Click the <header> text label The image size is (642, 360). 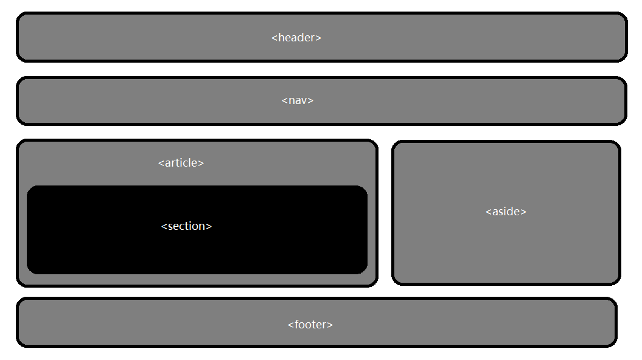click(296, 38)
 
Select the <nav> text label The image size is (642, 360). click(298, 100)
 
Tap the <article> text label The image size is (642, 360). click(181, 163)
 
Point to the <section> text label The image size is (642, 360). click(186, 226)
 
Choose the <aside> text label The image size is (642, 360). click(506, 212)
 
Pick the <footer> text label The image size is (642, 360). click(310, 325)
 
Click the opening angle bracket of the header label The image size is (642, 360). click(274, 38)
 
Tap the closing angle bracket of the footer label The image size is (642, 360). click(330, 325)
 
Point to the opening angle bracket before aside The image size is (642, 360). click(489, 212)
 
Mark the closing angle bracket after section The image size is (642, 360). click(209, 226)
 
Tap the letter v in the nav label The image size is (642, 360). click(304, 100)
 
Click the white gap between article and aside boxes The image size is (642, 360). click(385, 213)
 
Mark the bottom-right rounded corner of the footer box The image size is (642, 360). click(612, 342)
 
